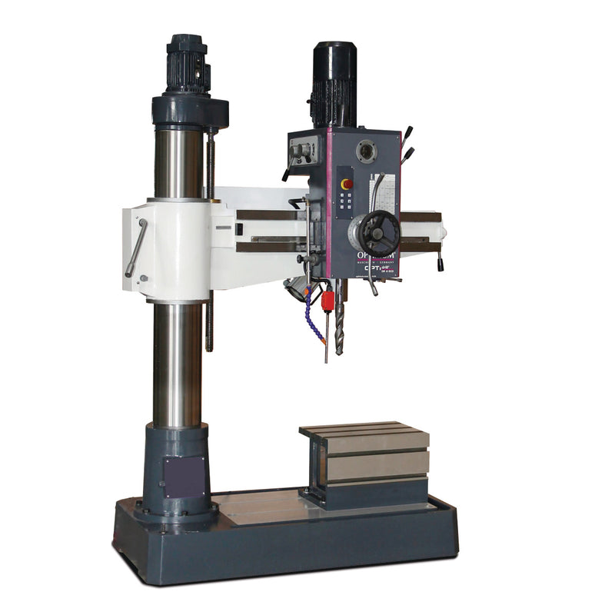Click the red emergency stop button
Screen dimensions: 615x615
coord(347,184)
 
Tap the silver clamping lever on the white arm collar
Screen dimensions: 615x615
coord(136,248)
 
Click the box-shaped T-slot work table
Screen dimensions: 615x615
coord(367,461)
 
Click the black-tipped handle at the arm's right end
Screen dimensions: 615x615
coord(440,263)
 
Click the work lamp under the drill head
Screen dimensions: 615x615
coord(295,288)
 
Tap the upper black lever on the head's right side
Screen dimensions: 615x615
coord(407,134)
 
